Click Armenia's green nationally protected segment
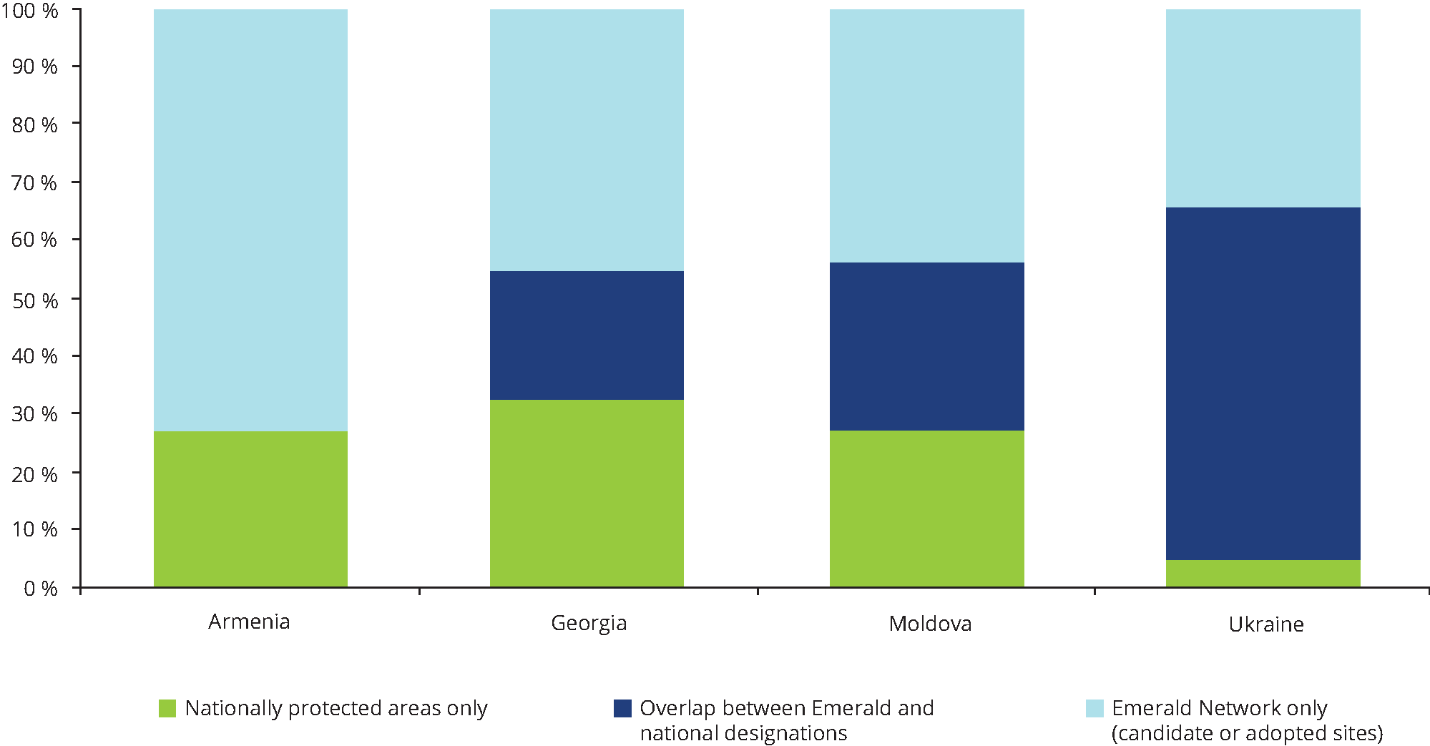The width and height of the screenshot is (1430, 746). (250, 509)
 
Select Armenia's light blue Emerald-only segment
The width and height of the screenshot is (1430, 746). (250, 220)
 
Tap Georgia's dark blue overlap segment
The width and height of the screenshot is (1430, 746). (587, 335)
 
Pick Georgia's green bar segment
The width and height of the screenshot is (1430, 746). (587, 494)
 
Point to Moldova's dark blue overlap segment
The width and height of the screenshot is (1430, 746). (926, 346)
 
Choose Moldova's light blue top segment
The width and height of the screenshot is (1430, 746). (926, 136)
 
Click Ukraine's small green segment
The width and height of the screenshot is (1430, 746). (1263, 574)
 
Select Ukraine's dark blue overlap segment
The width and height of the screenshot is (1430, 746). (1263, 383)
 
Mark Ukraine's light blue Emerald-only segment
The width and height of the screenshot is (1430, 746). (1263, 109)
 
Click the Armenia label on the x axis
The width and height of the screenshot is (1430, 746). (249, 622)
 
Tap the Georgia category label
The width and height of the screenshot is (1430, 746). (589, 623)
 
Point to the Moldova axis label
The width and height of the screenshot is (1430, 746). (930, 624)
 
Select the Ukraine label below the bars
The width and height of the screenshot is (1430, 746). (1266, 624)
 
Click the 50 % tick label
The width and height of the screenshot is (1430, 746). (35, 300)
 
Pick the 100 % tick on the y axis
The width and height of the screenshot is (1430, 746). (30, 11)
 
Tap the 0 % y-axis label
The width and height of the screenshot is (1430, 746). (40, 589)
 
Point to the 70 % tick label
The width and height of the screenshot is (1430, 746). (34, 183)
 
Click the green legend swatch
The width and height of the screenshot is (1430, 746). (167, 708)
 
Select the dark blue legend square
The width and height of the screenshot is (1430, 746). (622, 708)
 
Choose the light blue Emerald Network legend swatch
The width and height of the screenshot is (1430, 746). (1094, 708)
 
